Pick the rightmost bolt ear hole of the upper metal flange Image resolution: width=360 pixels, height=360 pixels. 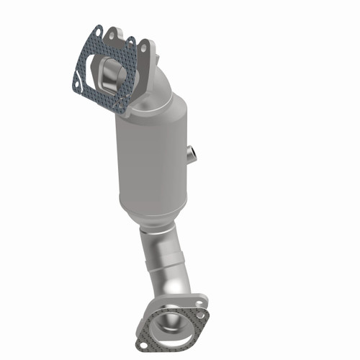pos(144,47)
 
